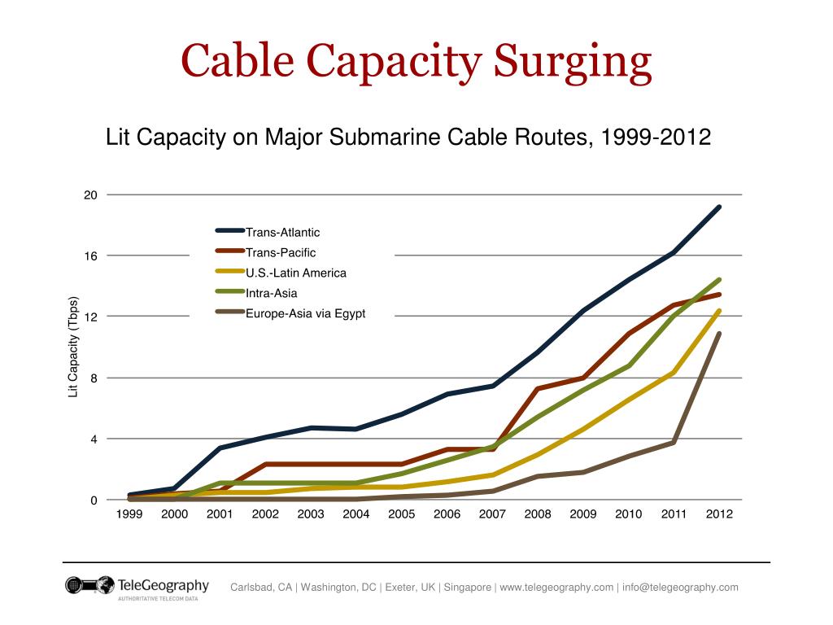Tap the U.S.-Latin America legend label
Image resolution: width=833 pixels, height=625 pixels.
tap(296, 273)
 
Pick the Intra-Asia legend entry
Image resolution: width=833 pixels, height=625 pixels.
tap(271, 293)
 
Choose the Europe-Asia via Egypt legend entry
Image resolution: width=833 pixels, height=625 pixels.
tap(306, 313)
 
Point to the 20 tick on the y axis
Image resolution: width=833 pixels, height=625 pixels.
tap(89, 195)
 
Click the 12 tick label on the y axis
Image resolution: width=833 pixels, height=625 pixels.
tap(89, 317)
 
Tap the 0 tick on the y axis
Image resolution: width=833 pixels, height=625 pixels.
tap(94, 500)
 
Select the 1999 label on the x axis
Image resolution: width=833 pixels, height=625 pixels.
tap(129, 514)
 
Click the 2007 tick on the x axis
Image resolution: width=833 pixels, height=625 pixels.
tap(492, 514)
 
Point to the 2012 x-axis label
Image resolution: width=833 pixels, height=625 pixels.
tap(719, 514)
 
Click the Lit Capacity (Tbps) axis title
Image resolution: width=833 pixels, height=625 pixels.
tap(73, 347)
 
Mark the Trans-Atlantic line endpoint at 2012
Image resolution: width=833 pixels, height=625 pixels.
tap(719, 208)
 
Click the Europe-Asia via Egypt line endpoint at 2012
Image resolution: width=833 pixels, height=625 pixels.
tap(719, 334)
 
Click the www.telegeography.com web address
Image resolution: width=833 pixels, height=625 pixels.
tap(556, 588)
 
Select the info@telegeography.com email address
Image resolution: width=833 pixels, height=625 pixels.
tap(681, 588)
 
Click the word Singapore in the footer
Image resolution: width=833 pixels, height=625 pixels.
tap(466, 588)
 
